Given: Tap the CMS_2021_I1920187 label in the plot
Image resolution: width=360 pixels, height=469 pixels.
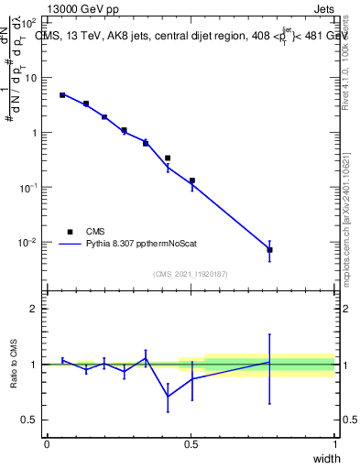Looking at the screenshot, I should (190, 274).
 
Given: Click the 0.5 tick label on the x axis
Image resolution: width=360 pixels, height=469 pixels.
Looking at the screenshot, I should (191, 444).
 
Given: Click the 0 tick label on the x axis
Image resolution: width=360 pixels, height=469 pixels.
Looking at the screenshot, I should (47, 444).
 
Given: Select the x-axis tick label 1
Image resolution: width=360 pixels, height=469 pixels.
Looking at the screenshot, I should (334, 444).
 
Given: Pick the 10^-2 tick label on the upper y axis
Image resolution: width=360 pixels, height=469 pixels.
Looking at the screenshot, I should (28, 243).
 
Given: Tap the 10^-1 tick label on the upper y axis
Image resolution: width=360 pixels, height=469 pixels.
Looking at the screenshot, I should (28, 188).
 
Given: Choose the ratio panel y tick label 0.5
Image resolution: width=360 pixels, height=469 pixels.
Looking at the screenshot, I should (31, 420).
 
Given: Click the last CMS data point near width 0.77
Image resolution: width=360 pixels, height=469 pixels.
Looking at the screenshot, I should (269, 250).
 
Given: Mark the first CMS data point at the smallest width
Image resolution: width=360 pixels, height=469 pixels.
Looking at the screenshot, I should (62, 95).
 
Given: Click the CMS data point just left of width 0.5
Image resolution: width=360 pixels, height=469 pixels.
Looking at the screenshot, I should (168, 158).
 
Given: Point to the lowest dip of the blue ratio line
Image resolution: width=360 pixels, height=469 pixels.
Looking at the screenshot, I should (168, 397).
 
